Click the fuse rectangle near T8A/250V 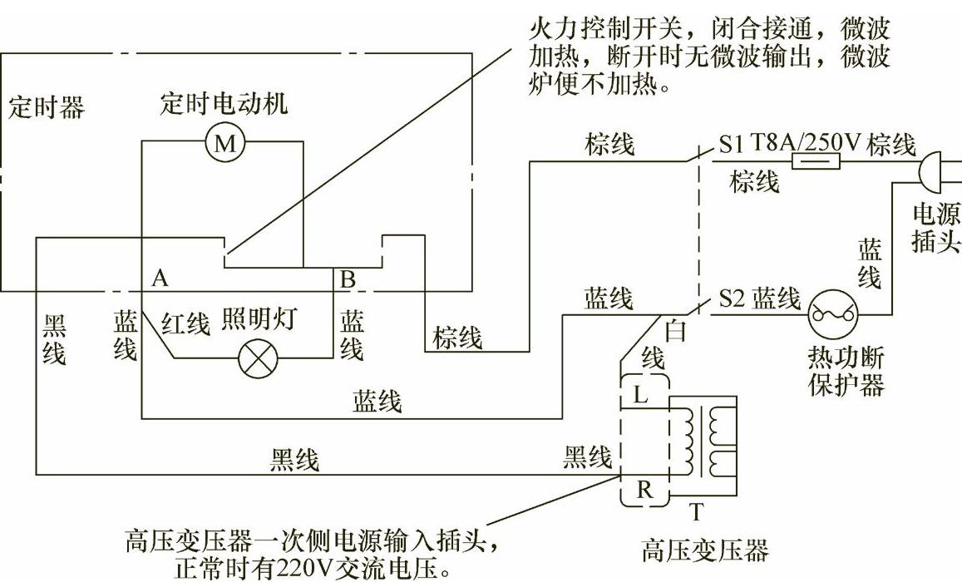point(814,161)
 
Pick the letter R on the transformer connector point(644,490)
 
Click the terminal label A point(160,279)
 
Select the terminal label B point(348,279)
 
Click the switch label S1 point(731,145)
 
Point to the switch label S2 point(731,299)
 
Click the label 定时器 point(47,107)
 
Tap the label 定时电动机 point(224,104)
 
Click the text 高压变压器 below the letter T point(705,550)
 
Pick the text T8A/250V point(806,143)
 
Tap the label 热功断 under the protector point(846,359)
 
